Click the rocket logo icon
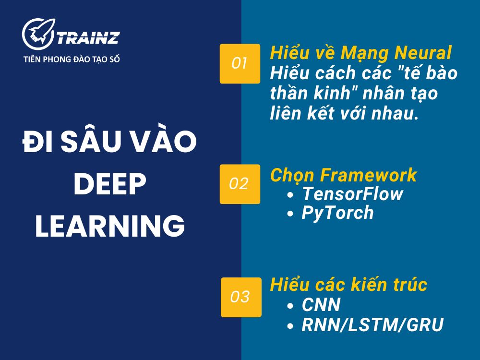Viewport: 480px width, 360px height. coord(39,35)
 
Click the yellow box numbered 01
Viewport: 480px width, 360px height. coord(240,63)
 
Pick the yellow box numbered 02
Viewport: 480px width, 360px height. coord(240,184)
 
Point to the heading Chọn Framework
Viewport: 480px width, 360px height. coord(343,176)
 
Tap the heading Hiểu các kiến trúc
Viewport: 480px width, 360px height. coord(348,285)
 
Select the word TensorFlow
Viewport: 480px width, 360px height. coord(352,194)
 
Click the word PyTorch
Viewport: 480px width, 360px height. coord(337,213)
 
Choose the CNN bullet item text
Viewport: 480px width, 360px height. coord(321,305)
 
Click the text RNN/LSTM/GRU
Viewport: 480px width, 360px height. coord(372,325)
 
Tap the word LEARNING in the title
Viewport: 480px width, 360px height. coord(110,226)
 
